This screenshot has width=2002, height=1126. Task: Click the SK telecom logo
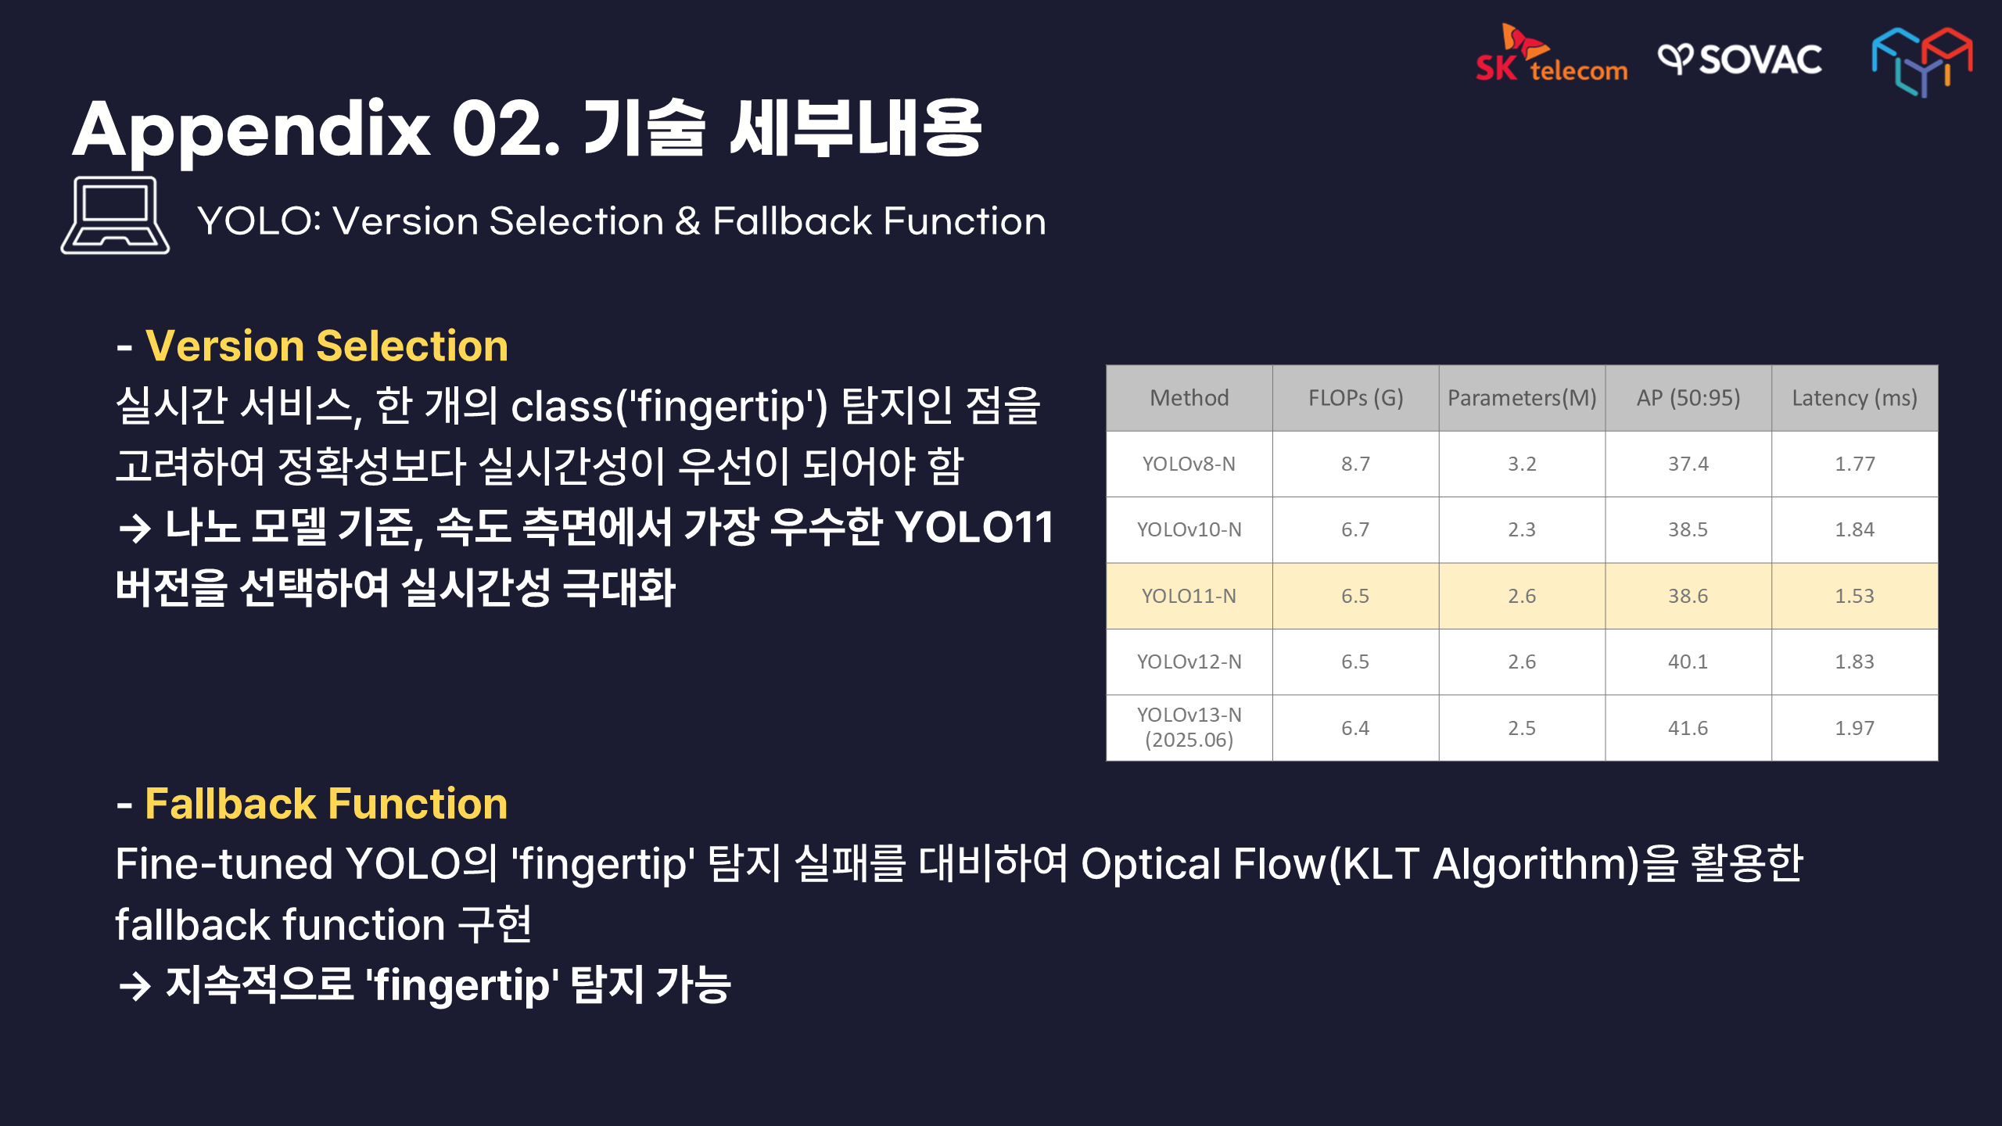tap(1552, 53)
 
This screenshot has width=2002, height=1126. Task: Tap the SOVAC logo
tap(1740, 59)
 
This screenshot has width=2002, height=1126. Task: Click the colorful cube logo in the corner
tap(1921, 62)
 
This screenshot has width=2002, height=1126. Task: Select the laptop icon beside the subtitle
tap(115, 215)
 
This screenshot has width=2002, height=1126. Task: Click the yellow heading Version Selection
tap(327, 346)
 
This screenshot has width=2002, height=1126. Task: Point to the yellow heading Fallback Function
tap(326, 804)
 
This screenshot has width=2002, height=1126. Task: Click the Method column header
tap(1189, 398)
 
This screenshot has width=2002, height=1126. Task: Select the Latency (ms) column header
tap(1854, 398)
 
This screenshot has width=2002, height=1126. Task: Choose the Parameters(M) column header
tap(1522, 398)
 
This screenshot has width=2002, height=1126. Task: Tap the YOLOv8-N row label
tap(1189, 464)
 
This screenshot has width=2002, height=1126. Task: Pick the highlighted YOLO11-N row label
tap(1189, 596)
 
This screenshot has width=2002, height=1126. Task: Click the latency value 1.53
tap(1854, 596)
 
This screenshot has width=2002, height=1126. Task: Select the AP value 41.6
tap(1688, 728)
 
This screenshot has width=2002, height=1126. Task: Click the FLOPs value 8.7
tap(1355, 464)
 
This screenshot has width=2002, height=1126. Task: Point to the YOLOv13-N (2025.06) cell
tap(1189, 727)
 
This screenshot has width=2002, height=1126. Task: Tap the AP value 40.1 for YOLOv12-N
tap(1688, 662)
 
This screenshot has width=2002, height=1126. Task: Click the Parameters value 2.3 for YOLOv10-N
tap(1522, 529)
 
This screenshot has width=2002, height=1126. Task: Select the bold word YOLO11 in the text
tap(974, 527)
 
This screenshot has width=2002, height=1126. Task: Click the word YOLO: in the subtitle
tap(259, 221)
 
